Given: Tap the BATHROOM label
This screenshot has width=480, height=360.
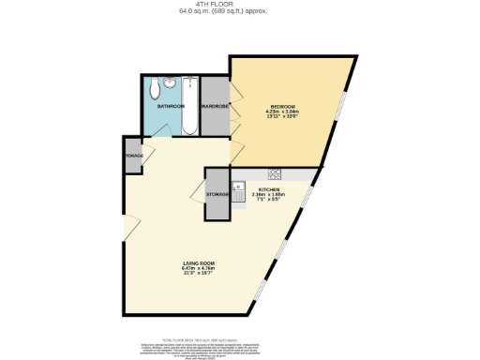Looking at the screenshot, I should tap(171, 107).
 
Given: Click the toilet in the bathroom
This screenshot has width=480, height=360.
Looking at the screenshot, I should tap(153, 88).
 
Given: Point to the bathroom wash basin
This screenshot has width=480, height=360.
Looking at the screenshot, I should tap(169, 83).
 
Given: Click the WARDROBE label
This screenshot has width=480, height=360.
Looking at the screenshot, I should tap(215, 107).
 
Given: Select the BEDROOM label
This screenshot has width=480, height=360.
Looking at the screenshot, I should tap(283, 106).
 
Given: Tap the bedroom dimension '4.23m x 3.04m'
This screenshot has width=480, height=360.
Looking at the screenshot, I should tap(283, 112).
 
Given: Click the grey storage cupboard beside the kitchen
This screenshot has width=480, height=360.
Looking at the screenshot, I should tap(217, 194).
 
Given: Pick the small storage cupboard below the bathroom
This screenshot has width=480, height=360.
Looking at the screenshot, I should tap(131, 155).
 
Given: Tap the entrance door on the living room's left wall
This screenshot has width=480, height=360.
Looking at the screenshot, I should tap(131, 225).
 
